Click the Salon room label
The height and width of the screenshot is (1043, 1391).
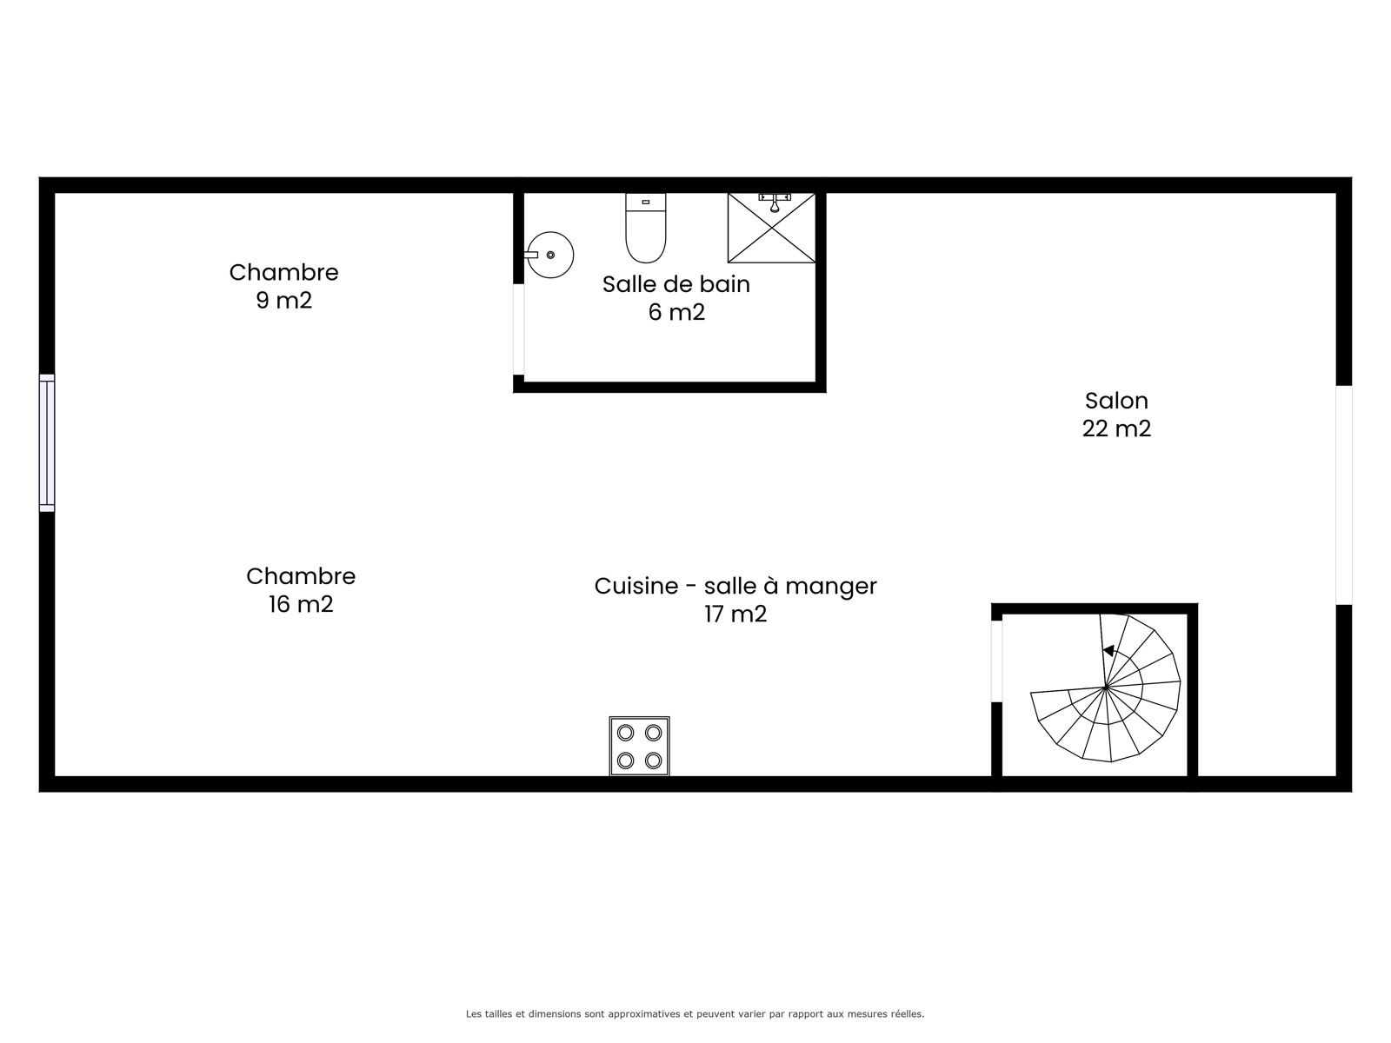pos(1116,401)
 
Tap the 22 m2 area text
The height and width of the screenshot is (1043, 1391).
pos(1116,428)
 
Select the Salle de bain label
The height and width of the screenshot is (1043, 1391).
pos(676,284)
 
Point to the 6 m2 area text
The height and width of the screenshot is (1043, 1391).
pos(676,312)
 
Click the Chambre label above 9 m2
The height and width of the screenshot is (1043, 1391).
pos(284,272)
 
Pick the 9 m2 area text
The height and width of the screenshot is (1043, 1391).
pos(284,300)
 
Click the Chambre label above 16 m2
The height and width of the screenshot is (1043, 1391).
pos(301,576)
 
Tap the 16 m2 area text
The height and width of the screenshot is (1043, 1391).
pos(301,604)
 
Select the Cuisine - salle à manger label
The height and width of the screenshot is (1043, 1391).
pos(735,587)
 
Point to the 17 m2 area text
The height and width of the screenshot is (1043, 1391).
pos(735,615)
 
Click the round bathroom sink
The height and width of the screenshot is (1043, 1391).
pos(550,255)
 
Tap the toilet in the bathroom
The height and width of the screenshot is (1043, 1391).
pos(646,228)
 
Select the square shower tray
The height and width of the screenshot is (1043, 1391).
pos(772,228)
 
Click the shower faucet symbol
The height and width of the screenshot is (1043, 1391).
pos(775,203)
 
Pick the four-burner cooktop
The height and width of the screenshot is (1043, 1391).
pos(639,746)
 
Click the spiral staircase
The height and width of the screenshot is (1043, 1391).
pos(1106,688)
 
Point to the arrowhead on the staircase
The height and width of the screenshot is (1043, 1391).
pos(1108,650)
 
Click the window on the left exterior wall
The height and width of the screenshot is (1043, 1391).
pos(47,442)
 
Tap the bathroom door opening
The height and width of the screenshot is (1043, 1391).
pos(518,329)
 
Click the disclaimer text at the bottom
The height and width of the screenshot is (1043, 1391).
pos(695,1013)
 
